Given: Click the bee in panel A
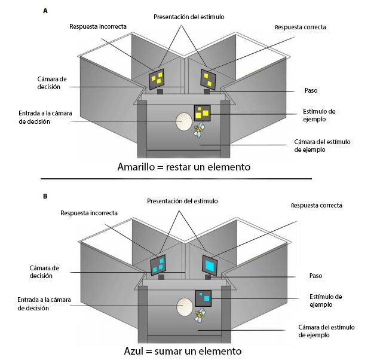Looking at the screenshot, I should point(200,130).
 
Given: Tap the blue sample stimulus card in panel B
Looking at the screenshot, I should point(203,297).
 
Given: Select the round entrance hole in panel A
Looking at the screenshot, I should point(183,122).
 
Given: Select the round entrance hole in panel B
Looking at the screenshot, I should point(184,308).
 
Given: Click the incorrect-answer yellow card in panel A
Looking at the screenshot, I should point(158,77).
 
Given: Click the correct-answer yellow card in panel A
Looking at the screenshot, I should point(209,78).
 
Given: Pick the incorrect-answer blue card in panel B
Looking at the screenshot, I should point(158,264).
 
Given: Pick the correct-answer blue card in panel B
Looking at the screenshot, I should point(210,264).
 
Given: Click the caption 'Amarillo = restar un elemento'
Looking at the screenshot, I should point(183,167).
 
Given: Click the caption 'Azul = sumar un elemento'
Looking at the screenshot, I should point(183,350).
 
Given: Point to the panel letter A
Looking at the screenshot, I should point(46,11).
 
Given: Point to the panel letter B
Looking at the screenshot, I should point(46,196).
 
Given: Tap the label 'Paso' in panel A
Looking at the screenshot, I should point(310,90).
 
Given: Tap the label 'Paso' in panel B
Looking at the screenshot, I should point(310,276).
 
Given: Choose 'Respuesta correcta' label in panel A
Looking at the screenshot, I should point(300,28).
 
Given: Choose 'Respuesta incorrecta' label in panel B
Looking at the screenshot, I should point(89,213).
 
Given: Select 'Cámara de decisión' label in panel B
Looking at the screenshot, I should point(44,272).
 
